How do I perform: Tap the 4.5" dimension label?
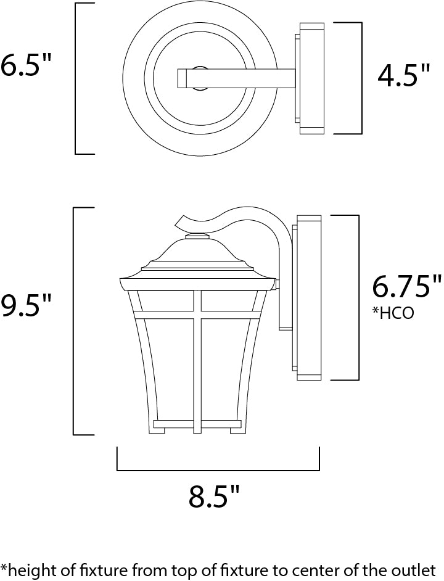tap(404, 76)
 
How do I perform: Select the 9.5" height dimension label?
tap(26, 305)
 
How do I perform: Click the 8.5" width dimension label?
tap(213, 496)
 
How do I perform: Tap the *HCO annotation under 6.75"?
tap(393, 313)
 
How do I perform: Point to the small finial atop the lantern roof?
tap(197, 236)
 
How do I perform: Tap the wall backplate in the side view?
tap(308, 297)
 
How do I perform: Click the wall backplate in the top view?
tap(311, 78)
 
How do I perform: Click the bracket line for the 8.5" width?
tap(218, 470)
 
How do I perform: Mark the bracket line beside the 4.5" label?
tap(361, 78)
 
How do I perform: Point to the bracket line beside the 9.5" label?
tap(75, 321)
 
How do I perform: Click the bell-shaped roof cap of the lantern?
tap(197, 254)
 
